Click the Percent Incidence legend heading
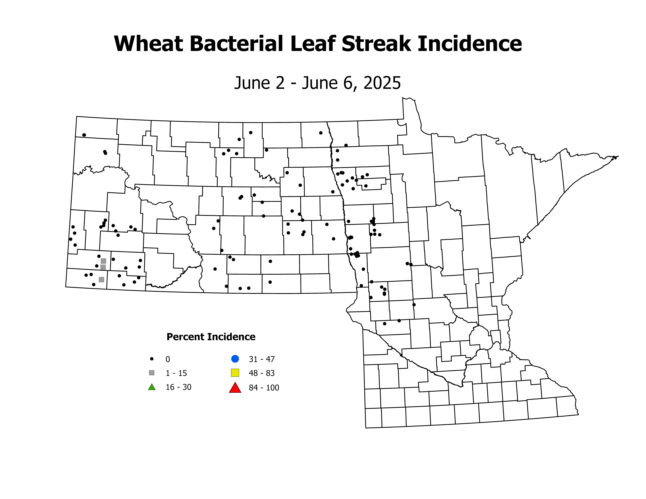tap(211, 337)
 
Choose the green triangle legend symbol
tap(152, 387)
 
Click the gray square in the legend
tap(152, 373)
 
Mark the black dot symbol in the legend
tap(152, 359)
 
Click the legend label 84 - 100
tap(264, 388)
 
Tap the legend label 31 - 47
tap(262, 359)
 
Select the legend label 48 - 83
tap(262, 373)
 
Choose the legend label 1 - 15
tap(176, 373)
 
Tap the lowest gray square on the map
tap(102, 279)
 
